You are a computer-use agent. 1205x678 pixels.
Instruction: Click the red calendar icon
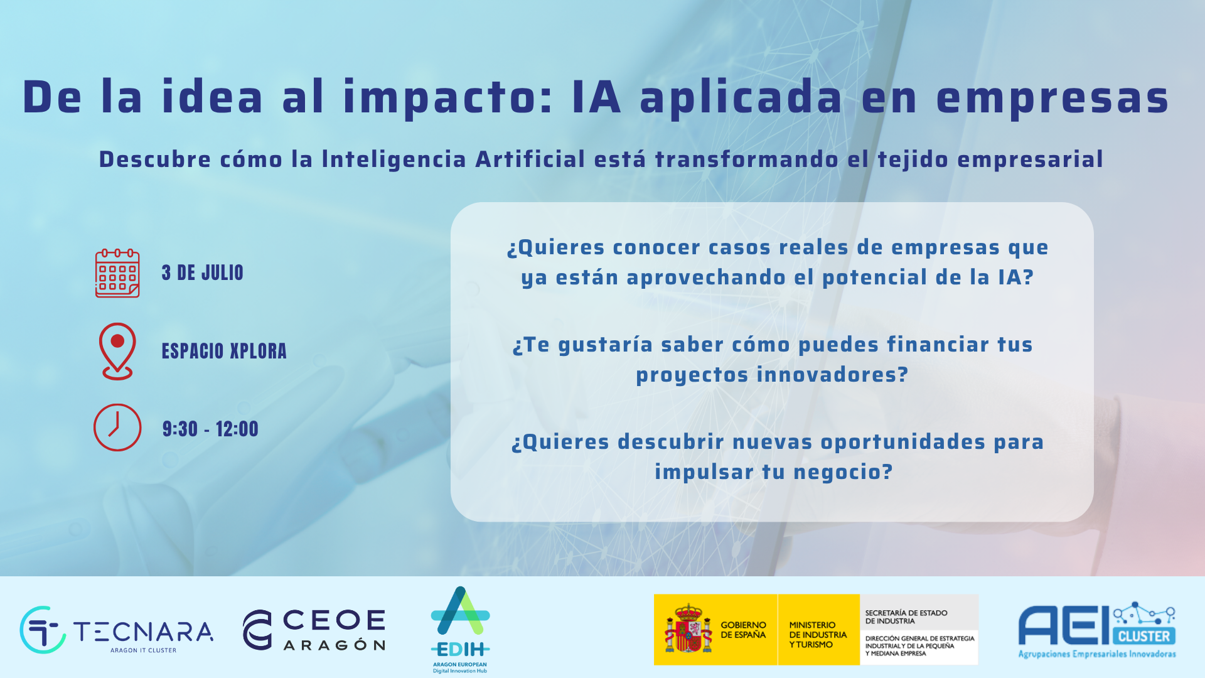pos(117,273)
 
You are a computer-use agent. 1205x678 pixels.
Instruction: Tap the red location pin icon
pos(117,350)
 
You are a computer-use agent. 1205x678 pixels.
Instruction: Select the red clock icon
pos(117,428)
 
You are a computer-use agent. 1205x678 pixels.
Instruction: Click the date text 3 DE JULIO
pos(202,273)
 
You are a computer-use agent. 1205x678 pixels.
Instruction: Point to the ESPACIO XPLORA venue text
pos(224,351)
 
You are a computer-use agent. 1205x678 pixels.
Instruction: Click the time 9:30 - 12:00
pos(210,429)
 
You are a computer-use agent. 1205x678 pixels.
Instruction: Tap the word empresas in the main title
pos(1052,98)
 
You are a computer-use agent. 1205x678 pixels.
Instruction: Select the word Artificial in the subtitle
pos(530,159)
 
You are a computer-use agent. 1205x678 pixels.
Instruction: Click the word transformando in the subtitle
pos(747,159)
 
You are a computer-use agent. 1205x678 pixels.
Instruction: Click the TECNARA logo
pos(117,630)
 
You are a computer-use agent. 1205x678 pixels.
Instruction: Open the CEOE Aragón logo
pos(314,629)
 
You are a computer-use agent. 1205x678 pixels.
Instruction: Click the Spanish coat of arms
pos(688,629)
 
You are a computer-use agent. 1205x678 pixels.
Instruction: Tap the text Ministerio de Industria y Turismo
pos(818,635)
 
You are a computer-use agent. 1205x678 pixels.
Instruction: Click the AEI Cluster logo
pos(1096,630)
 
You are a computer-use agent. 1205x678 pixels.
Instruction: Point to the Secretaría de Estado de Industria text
pos(906,616)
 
